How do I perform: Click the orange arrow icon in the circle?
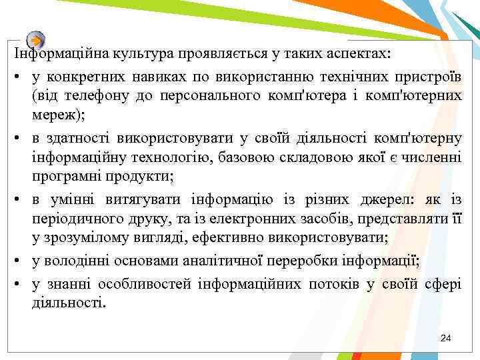tap(37, 39)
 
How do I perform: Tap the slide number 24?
tap(446, 339)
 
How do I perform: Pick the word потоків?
tap(334, 285)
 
